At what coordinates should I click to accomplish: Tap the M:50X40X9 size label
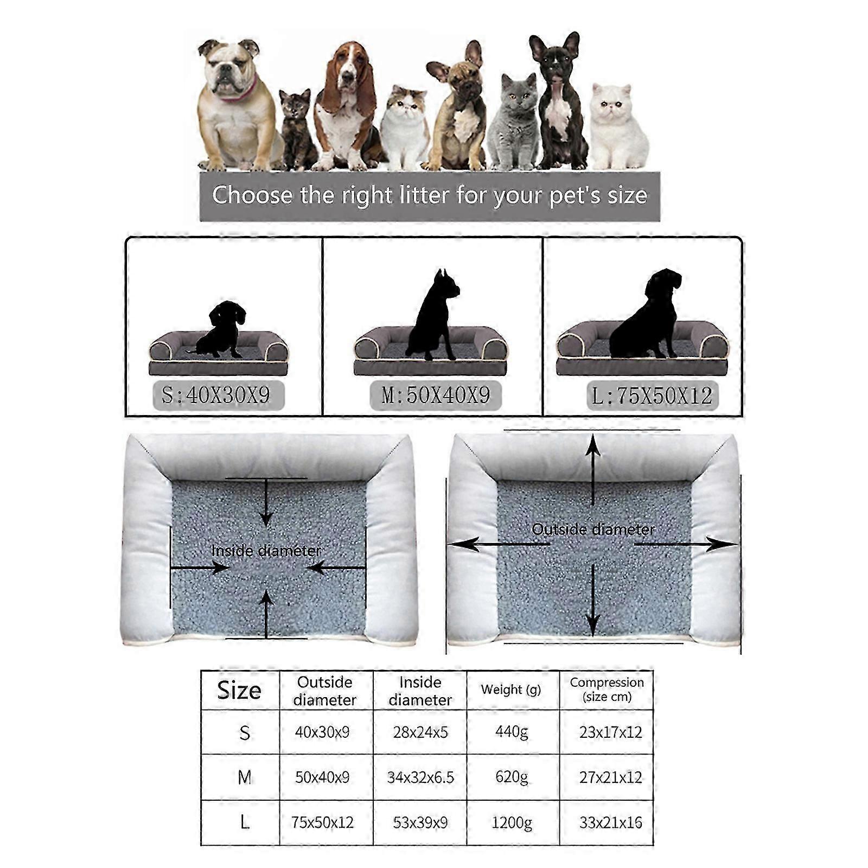[436, 395]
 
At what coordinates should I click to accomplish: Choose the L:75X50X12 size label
[653, 396]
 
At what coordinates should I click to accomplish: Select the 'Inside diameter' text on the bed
[266, 551]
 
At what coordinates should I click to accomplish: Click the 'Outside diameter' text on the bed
[593, 529]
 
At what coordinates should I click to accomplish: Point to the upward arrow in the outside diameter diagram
[593, 470]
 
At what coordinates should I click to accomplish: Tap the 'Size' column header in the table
[239, 690]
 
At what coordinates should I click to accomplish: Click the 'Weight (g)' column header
[511, 690]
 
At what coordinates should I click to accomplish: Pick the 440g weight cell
[512, 732]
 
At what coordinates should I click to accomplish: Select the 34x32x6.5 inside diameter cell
[420, 778]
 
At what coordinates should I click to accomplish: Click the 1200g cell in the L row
[512, 823]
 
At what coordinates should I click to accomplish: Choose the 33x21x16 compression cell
[610, 823]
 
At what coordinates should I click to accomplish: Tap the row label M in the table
[245, 777]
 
